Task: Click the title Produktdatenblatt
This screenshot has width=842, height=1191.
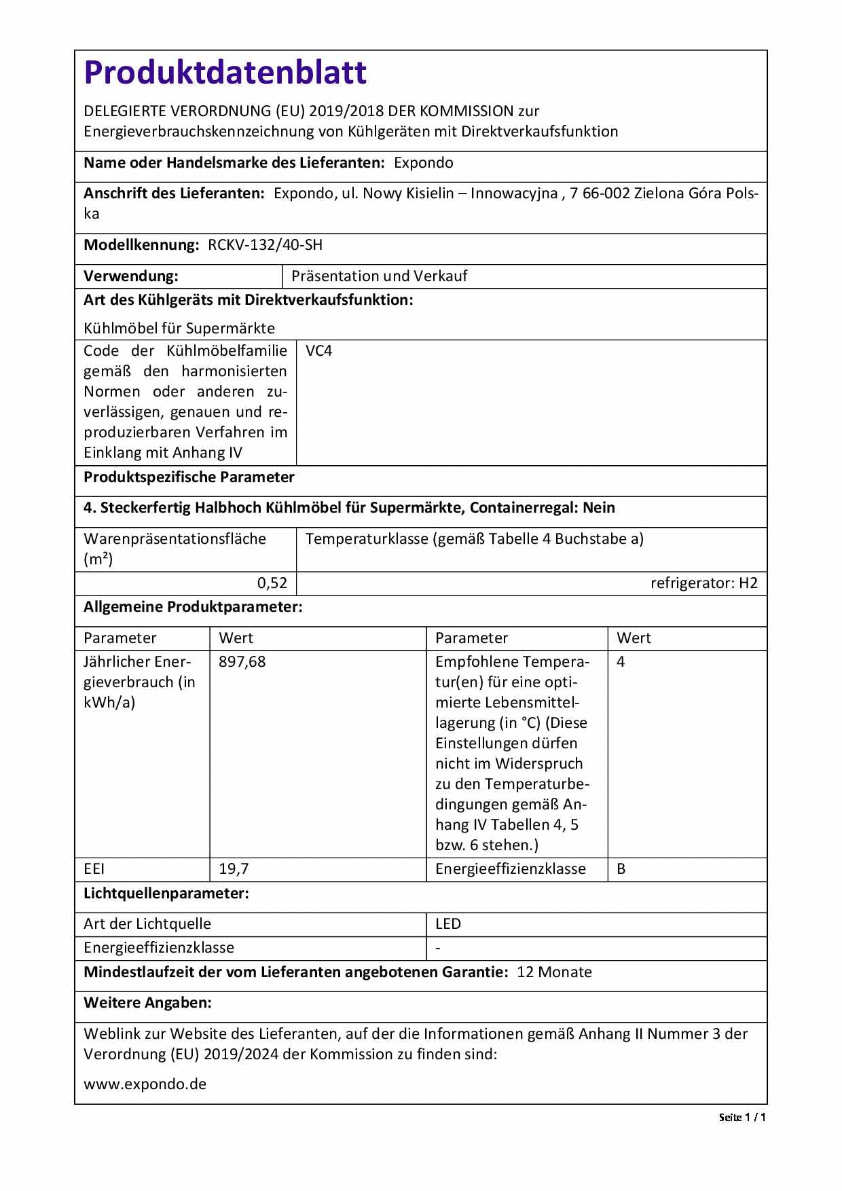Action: coord(225,73)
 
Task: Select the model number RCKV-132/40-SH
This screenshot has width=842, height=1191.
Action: coord(265,245)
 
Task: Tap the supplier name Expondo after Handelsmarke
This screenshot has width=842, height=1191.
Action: coord(423,163)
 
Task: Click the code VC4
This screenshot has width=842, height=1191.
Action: coord(318,351)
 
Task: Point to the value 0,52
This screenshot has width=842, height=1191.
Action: coord(272,583)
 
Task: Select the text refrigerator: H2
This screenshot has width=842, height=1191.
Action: coord(703,583)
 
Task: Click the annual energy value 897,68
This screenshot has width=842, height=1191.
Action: coord(242,662)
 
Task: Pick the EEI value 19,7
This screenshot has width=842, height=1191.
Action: coord(234,869)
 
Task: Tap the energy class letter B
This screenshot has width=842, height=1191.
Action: coord(621,869)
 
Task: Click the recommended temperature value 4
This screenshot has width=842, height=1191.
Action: coord(621,662)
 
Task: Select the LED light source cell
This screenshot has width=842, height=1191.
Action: coord(448,924)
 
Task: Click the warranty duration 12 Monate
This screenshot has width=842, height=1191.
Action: coord(554,972)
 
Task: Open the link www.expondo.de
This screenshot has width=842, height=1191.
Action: coord(145,1084)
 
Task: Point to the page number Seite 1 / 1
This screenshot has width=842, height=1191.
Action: coord(742,1118)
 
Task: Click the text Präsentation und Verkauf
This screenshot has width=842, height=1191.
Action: coord(379,276)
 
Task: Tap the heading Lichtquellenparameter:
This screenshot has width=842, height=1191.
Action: coord(166,894)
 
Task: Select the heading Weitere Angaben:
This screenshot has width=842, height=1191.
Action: coord(147,1003)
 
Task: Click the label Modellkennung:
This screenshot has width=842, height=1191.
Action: coord(141,245)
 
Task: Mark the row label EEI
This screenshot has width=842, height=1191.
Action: coord(94,869)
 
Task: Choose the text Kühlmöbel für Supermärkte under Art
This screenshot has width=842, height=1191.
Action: coord(179,329)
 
